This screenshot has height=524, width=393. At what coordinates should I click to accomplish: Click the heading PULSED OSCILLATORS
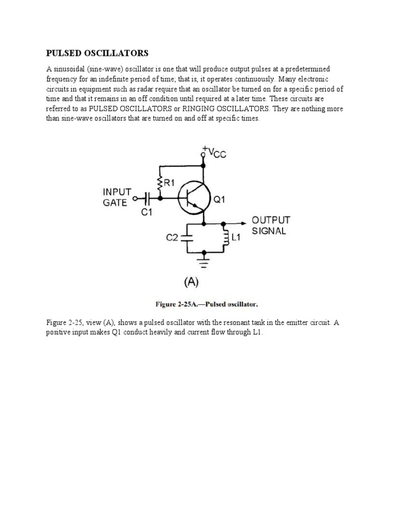point(97,53)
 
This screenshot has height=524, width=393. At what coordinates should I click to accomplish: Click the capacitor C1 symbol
point(148,198)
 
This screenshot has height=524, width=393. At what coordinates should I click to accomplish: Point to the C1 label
point(147,212)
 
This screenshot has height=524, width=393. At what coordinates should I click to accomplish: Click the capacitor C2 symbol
point(187,236)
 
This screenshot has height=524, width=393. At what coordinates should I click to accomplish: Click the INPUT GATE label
point(117,196)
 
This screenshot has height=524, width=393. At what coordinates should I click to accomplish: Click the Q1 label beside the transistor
point(219,201)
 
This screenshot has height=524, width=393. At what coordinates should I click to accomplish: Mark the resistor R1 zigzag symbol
point(160,182)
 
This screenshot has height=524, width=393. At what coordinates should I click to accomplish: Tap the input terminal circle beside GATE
point(136,198)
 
